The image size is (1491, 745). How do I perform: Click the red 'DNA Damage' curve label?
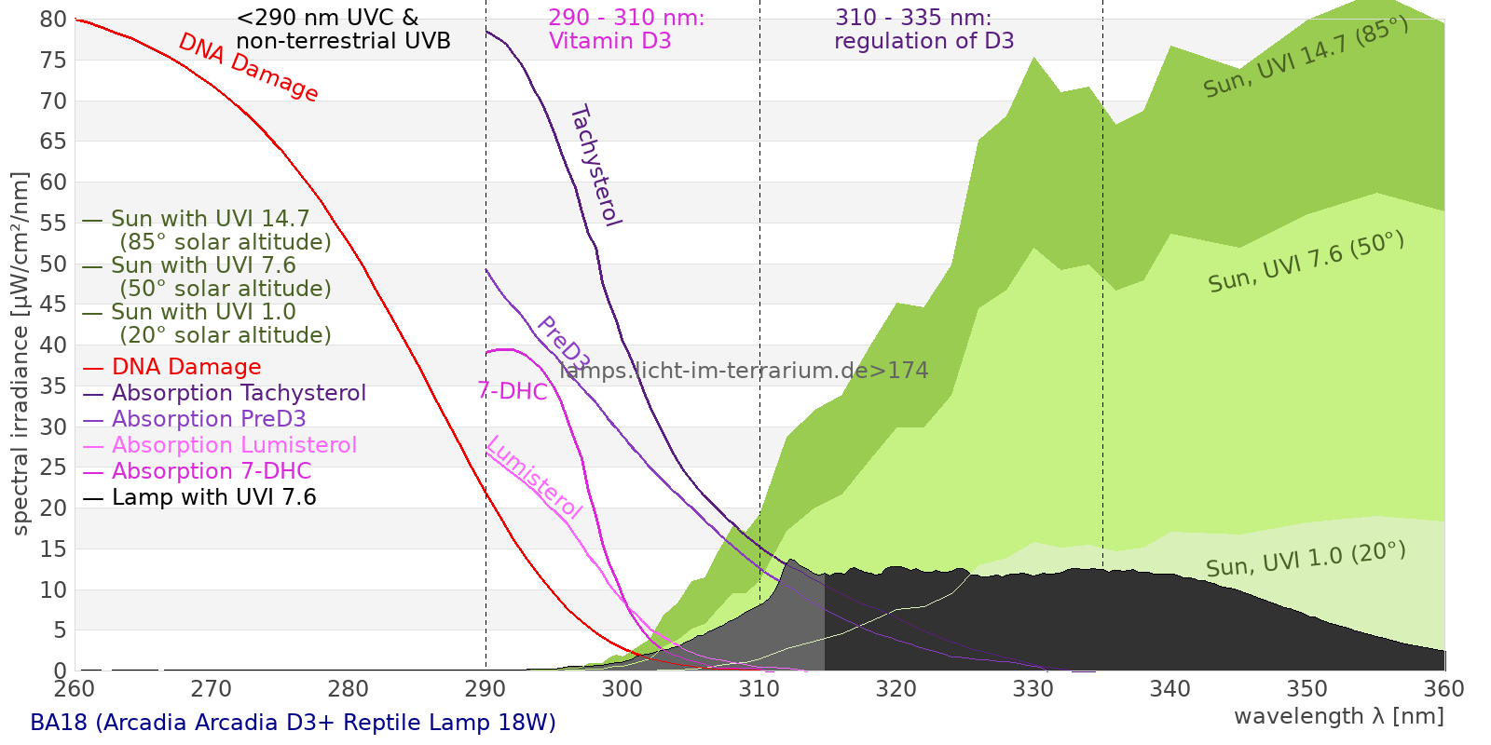248,67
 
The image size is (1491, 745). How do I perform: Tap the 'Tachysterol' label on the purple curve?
595,166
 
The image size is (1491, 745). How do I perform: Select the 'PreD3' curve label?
562,343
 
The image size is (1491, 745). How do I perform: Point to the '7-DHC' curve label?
512,391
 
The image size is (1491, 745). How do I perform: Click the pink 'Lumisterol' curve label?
534,477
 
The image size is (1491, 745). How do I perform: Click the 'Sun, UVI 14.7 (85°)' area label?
1306,58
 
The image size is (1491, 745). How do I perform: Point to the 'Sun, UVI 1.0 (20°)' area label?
1306,560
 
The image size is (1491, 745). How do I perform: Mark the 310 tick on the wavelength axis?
759,689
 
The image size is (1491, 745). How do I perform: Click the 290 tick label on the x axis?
486,689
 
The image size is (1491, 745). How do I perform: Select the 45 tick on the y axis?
53,305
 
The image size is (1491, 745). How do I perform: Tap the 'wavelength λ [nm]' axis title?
1338,716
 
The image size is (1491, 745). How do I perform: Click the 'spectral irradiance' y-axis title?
21,353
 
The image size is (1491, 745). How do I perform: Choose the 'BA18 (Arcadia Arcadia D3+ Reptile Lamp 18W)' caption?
293,723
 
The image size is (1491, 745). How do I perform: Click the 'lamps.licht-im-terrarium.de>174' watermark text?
744,371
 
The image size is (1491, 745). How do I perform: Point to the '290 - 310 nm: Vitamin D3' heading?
626,30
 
